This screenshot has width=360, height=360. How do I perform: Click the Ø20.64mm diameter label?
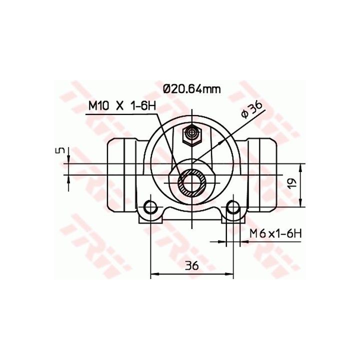point(191,88)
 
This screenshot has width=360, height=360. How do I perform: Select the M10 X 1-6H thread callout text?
point(122,106)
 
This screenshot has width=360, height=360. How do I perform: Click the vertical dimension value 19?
point(292,183)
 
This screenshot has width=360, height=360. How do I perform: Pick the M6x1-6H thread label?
point(275,234)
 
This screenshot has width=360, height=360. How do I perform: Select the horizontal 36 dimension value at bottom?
point(192,266)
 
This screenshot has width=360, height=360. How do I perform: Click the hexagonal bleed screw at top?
point(192,136)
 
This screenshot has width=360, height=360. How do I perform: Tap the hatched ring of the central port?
point(192,183)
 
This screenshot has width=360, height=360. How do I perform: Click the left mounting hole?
point(150,207)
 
